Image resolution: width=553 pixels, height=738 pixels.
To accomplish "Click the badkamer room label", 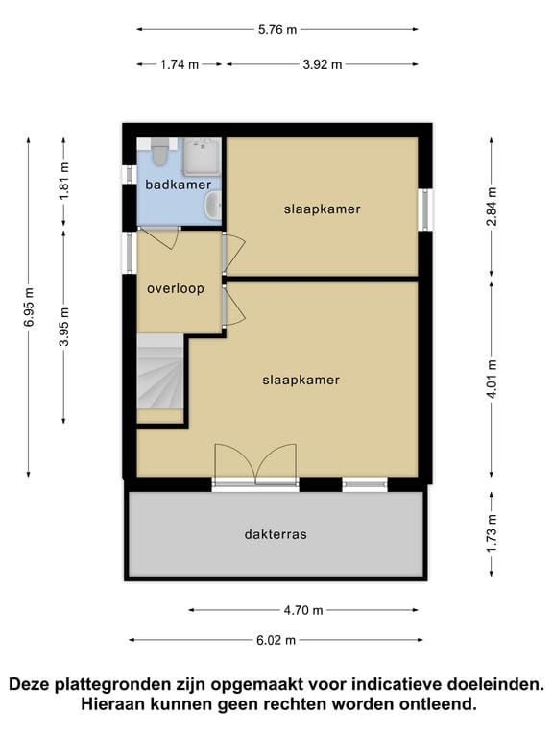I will (178, 184).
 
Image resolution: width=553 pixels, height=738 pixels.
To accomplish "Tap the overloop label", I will (175, 288).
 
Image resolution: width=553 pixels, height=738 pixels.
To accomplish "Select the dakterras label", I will (276, 534).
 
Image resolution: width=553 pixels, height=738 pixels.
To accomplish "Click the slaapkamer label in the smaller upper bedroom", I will (322, 209).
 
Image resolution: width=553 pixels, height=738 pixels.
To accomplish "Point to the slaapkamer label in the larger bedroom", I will (301, 380).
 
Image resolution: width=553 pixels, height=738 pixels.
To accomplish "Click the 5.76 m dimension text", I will (277, 29).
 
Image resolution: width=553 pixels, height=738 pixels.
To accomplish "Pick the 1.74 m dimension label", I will (179, 65).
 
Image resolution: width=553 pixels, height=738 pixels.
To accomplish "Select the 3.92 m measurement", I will (322, 65).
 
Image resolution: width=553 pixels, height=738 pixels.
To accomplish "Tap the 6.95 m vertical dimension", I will (29, 307).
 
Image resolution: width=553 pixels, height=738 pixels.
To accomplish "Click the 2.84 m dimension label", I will (492, 205).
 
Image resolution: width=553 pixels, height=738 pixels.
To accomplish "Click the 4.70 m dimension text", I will (303, 609).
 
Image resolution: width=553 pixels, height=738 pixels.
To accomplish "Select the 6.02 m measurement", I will (276, 640).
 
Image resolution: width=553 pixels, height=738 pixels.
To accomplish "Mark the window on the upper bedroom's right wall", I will (423, 209).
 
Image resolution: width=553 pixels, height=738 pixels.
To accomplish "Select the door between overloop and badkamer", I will (159, 233).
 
